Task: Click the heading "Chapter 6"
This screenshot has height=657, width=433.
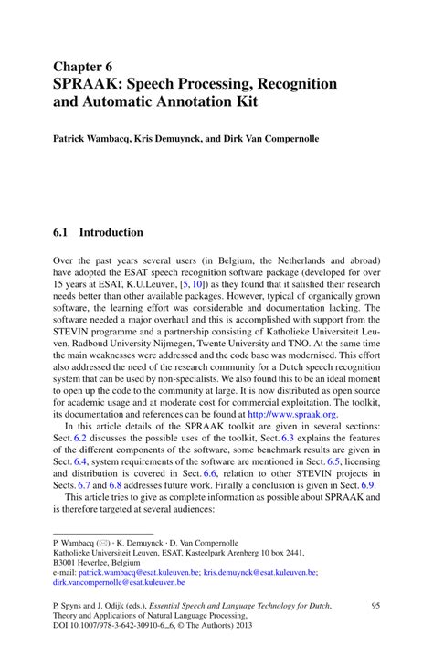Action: coord(82,67)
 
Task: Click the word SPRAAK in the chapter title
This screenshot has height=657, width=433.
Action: coord(89,84)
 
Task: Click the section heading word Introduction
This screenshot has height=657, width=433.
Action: coord(111,232)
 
